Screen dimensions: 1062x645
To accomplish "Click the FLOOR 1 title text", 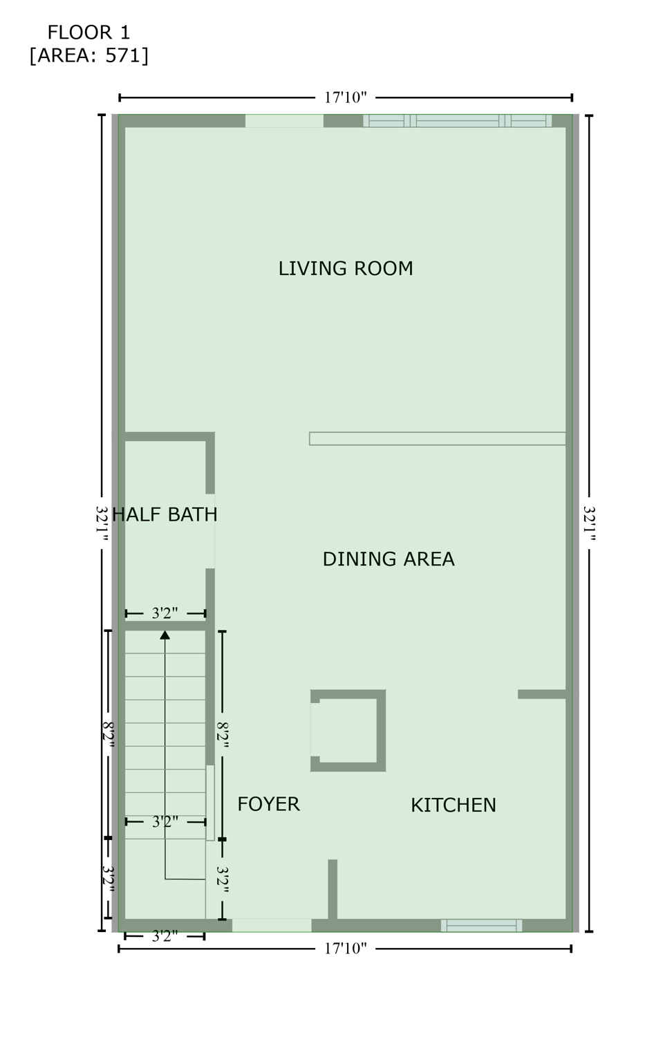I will coord(88,32).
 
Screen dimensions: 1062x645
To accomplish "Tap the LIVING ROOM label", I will coord(345,268).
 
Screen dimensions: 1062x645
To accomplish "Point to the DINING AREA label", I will coord(388,559).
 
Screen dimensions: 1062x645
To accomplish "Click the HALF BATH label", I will coord(165,514).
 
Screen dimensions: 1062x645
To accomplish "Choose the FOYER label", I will coord(268,804).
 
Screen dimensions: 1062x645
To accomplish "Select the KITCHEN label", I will coord(453,805).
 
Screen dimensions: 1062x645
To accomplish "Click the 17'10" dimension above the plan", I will coord(345,97).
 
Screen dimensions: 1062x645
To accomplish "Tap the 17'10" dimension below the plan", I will coord(345,949).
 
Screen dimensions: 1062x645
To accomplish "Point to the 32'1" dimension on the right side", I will coord(589,523).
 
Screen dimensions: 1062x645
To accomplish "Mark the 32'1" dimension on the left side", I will coord(102,523).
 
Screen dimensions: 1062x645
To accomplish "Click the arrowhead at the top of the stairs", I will coord(165,635).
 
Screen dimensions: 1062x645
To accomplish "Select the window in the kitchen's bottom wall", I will coord(481,925).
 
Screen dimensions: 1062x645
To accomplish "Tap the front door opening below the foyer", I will coord(271,925).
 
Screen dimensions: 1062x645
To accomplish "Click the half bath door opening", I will coord(210,531).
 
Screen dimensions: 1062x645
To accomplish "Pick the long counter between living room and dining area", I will coord(437,438).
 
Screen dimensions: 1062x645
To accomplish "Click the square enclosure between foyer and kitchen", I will coord(348,730).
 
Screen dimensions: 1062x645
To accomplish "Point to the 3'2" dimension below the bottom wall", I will coord(165,937).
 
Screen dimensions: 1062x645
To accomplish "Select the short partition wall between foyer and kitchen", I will coord(333,890).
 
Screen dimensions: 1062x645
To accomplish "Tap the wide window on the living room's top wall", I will coord(457,120).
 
